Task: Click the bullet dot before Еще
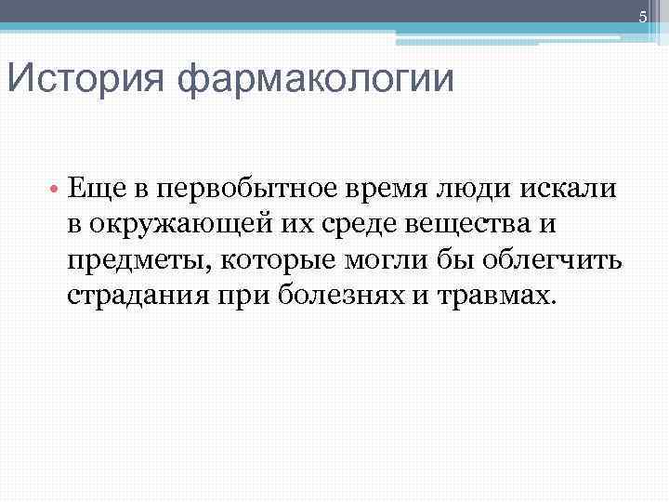(56, 190)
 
